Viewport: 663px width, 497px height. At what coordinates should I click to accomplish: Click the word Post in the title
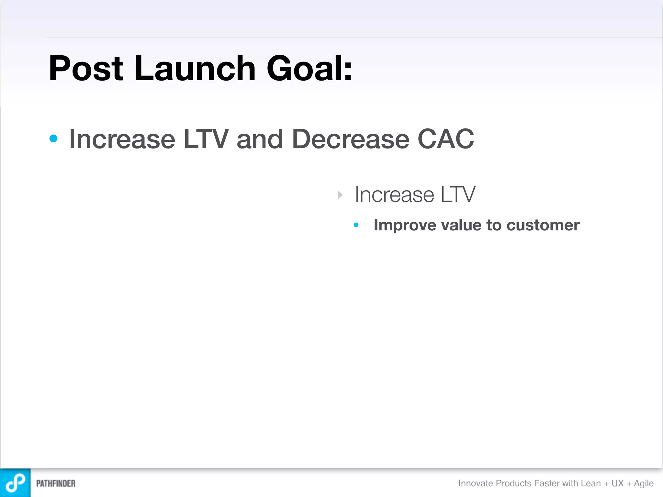[x=86, y=69]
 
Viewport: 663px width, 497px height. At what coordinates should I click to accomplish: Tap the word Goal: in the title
[x=309, y=69]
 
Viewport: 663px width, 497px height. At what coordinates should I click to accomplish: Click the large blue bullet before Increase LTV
[x=53, y=139]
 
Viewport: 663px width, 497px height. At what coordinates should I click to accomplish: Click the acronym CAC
[x=446, y=139]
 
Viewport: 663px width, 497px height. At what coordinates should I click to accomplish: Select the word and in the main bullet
[x=260, y=139]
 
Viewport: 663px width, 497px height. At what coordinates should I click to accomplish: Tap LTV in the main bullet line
[x=206, y=139]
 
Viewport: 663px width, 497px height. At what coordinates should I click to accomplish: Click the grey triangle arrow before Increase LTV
[x=340, y=195]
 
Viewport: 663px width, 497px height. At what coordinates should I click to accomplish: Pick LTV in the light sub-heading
[x=458, y=195]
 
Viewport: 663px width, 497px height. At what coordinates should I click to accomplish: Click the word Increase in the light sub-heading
[x=394, y=195]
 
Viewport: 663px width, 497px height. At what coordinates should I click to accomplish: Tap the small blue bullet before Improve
[x=356, y=225]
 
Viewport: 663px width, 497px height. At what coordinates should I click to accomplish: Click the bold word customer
[x=543, y=225]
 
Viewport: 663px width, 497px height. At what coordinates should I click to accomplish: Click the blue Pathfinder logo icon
[x=15, y=483]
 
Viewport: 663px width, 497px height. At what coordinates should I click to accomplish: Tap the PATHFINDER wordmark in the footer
[x=56, y=483]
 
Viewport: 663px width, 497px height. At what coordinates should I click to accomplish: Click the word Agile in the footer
[x=644, y=483]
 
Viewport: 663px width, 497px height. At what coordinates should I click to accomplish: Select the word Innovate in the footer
[x=476, y=483]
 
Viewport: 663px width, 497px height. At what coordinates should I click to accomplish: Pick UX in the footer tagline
[x=617, y=483]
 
